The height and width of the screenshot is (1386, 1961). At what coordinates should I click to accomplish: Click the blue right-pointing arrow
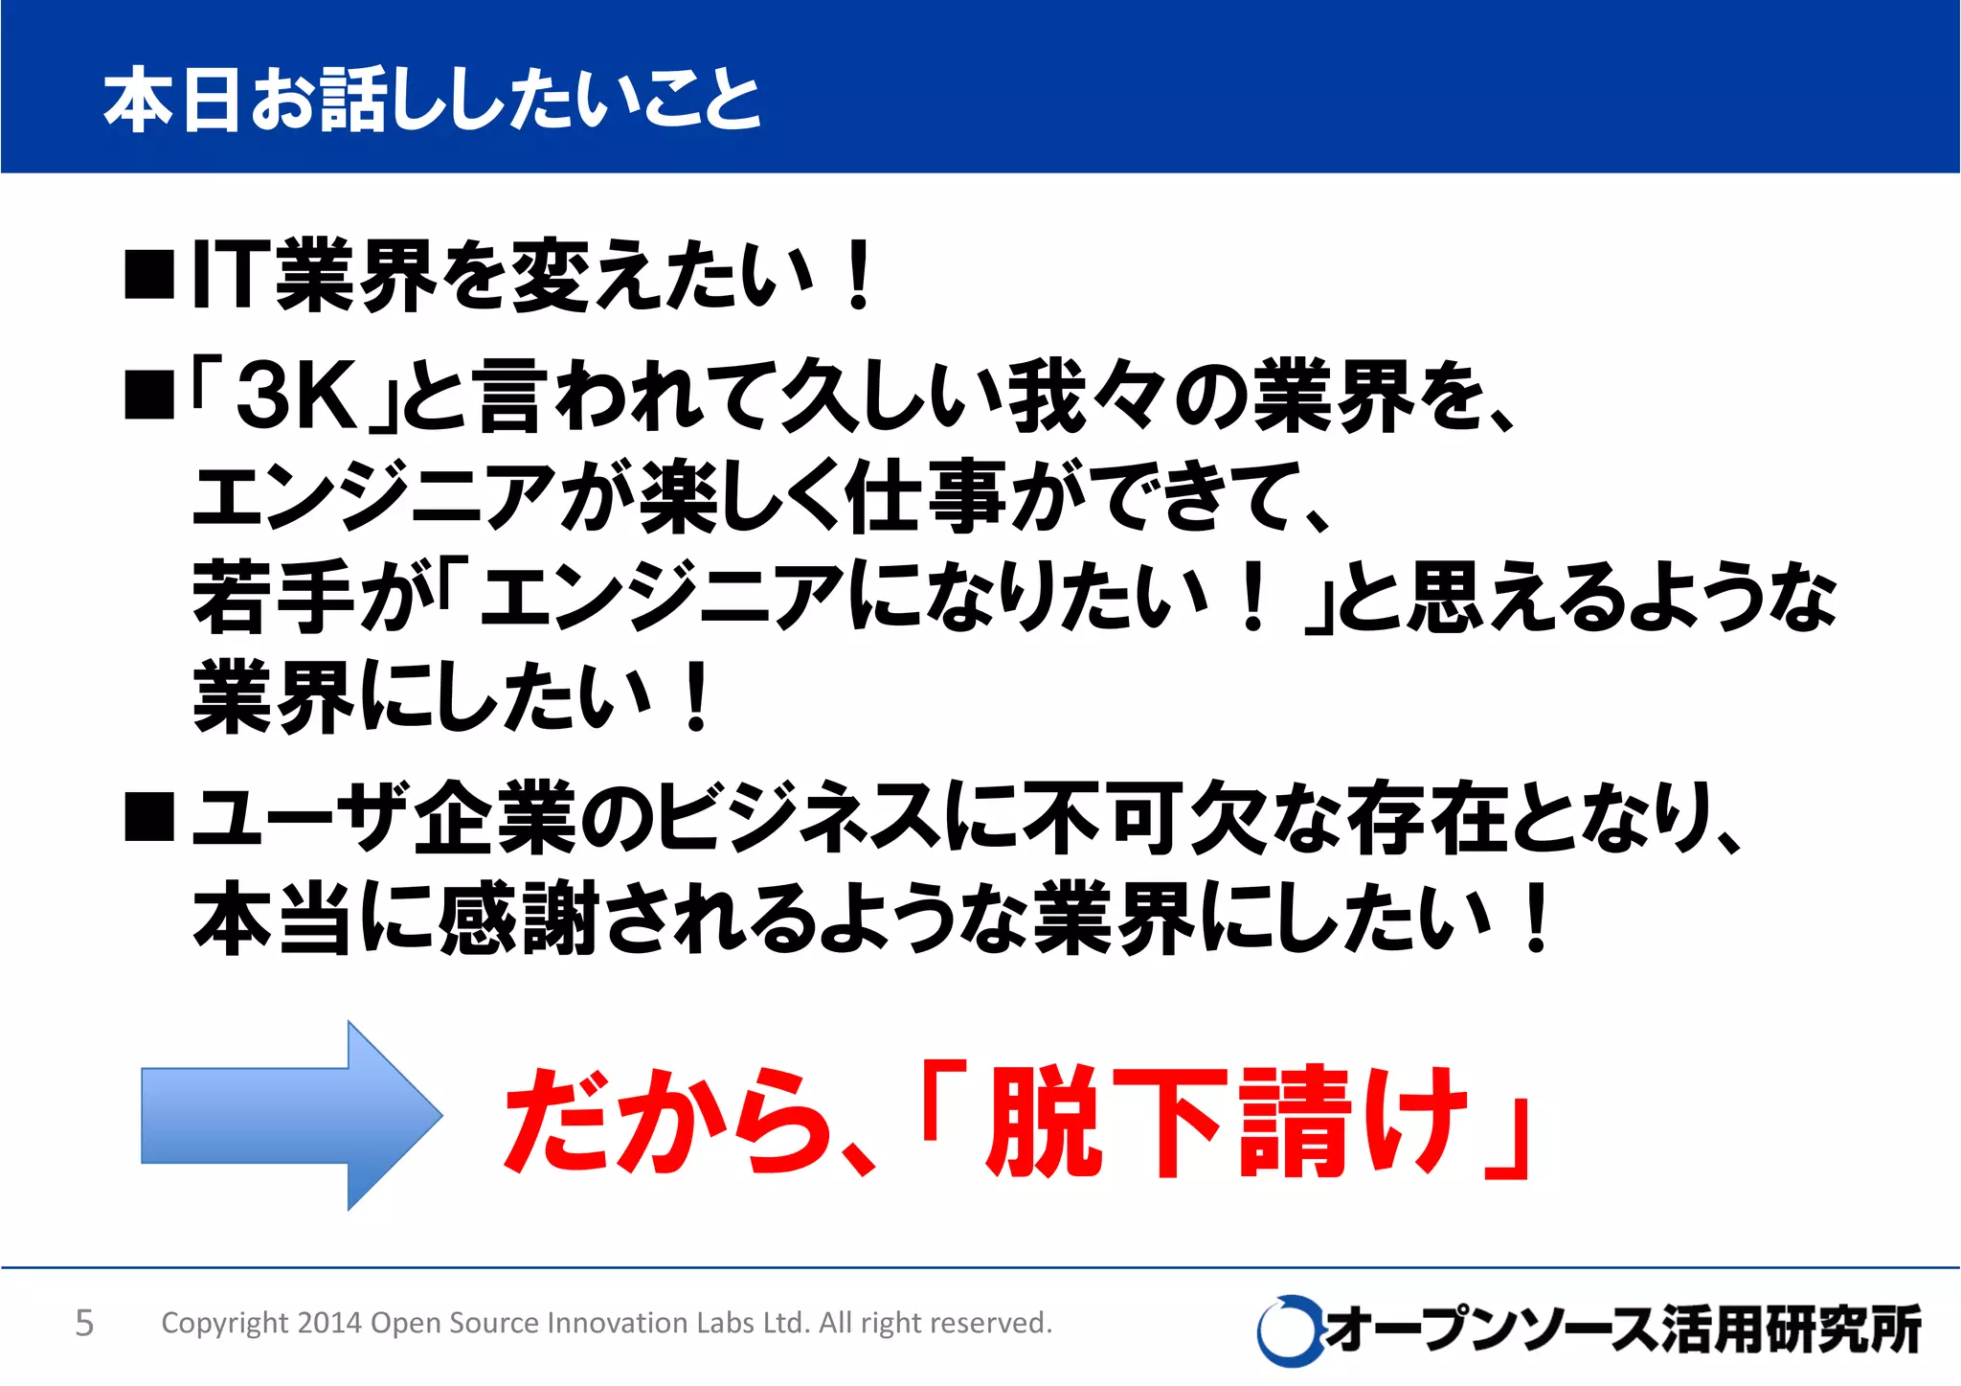287,1115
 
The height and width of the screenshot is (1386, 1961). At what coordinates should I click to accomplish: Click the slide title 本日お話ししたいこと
432,100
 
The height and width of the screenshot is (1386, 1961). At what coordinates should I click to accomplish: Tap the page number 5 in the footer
84,1323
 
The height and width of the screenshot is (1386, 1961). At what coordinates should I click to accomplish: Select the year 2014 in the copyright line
328,1323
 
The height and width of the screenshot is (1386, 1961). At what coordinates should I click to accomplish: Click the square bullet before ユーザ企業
149,817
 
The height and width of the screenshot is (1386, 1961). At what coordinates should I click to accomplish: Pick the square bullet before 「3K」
149,396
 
